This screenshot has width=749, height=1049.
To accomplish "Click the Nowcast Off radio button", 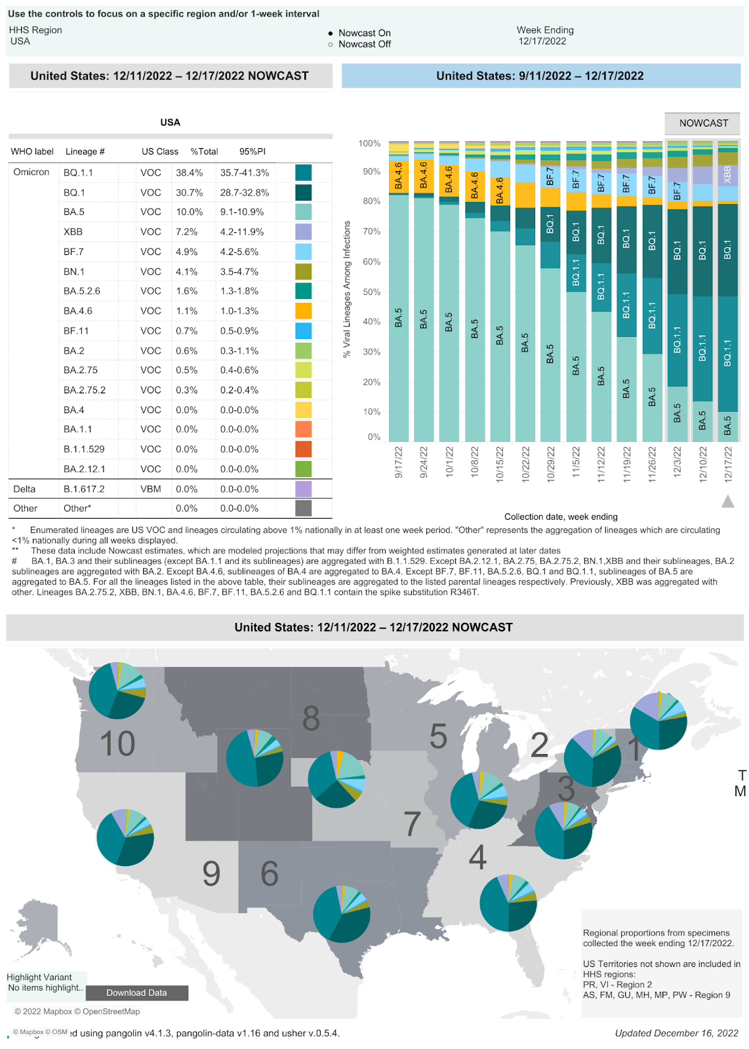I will (331, 45).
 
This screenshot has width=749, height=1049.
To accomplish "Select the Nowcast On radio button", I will (331, 33).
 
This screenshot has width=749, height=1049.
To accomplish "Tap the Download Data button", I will (136, 993).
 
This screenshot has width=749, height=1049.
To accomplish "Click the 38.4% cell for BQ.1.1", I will (189, 173).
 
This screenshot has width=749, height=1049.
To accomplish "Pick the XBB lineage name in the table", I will (73, 232).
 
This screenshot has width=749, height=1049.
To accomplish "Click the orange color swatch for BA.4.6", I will (303, 311).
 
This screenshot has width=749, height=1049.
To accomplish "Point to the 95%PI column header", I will (252, 151).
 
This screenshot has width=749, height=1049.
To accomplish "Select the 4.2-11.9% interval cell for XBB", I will (241, 232).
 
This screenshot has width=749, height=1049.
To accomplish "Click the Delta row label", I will (24, 489).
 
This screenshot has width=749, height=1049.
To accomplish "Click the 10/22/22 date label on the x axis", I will (525, 464).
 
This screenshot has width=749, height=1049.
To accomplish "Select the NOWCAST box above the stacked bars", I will (703, 123).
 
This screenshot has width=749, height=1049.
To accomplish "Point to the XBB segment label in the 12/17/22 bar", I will (727, 174).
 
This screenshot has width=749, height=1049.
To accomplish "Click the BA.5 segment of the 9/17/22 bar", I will (398, 318).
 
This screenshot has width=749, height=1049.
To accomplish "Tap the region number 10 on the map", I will (117, 743).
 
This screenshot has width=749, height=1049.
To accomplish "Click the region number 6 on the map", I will (270, 873).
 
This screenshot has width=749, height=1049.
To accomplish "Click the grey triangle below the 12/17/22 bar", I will (727, 502).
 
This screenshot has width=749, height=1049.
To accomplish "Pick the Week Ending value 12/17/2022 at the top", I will (542, 41).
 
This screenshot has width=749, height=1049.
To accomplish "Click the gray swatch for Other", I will (303, 508).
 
